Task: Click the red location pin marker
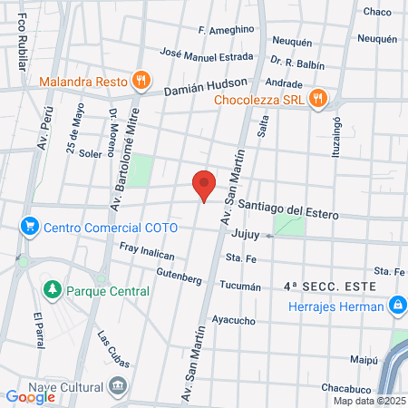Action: coord(205,185)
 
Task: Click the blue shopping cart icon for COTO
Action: coord(30,225)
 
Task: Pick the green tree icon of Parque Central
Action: coord(53,291)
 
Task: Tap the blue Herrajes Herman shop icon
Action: coord(396,306)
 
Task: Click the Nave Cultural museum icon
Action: coord(118,387)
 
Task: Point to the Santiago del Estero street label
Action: coord(288,211)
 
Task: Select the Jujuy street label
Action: coord(246,234)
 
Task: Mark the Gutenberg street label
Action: coord(178,272)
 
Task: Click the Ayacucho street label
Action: coord(233,319)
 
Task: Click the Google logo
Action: coord(31,396)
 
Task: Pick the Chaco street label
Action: coord(376,12)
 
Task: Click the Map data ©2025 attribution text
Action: coord(369,401)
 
